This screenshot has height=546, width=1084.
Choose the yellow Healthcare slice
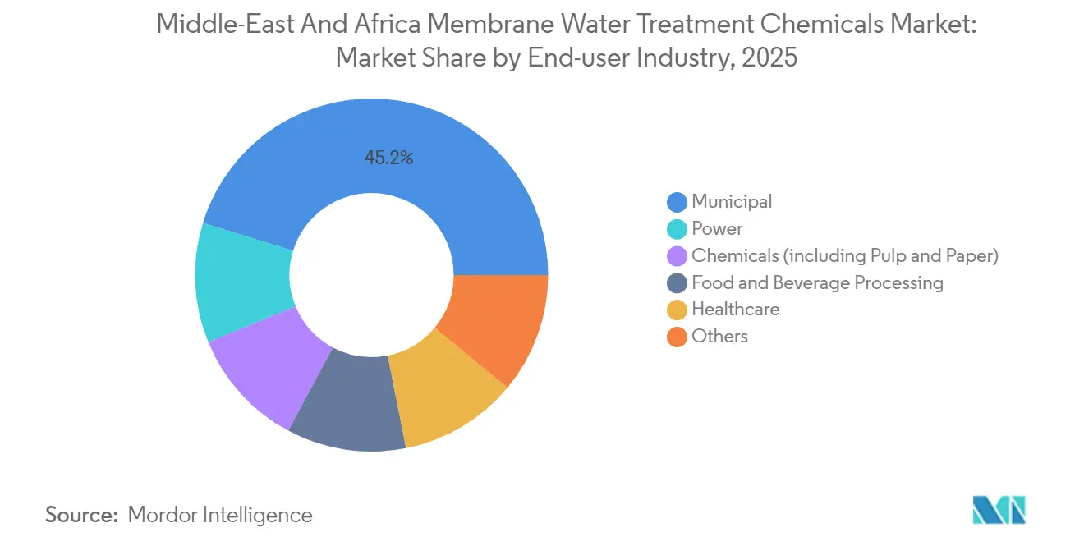pos(443,394)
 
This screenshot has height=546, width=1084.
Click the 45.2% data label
pos(388,158)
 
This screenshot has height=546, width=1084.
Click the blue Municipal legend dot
pos(677,202)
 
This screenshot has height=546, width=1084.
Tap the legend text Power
pos(717,229)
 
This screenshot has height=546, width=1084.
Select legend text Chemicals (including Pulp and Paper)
pos(844,256)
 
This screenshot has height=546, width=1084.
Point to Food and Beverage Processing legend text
pos(817,283)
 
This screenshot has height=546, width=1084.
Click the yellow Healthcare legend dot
pos(677,310)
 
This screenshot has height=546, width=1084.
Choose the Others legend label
pos(719,337)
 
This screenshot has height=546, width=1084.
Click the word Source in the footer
pos(81,515)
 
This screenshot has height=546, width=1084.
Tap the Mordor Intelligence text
pos(220,515)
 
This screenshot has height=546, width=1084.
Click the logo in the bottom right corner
pos(999,510)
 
